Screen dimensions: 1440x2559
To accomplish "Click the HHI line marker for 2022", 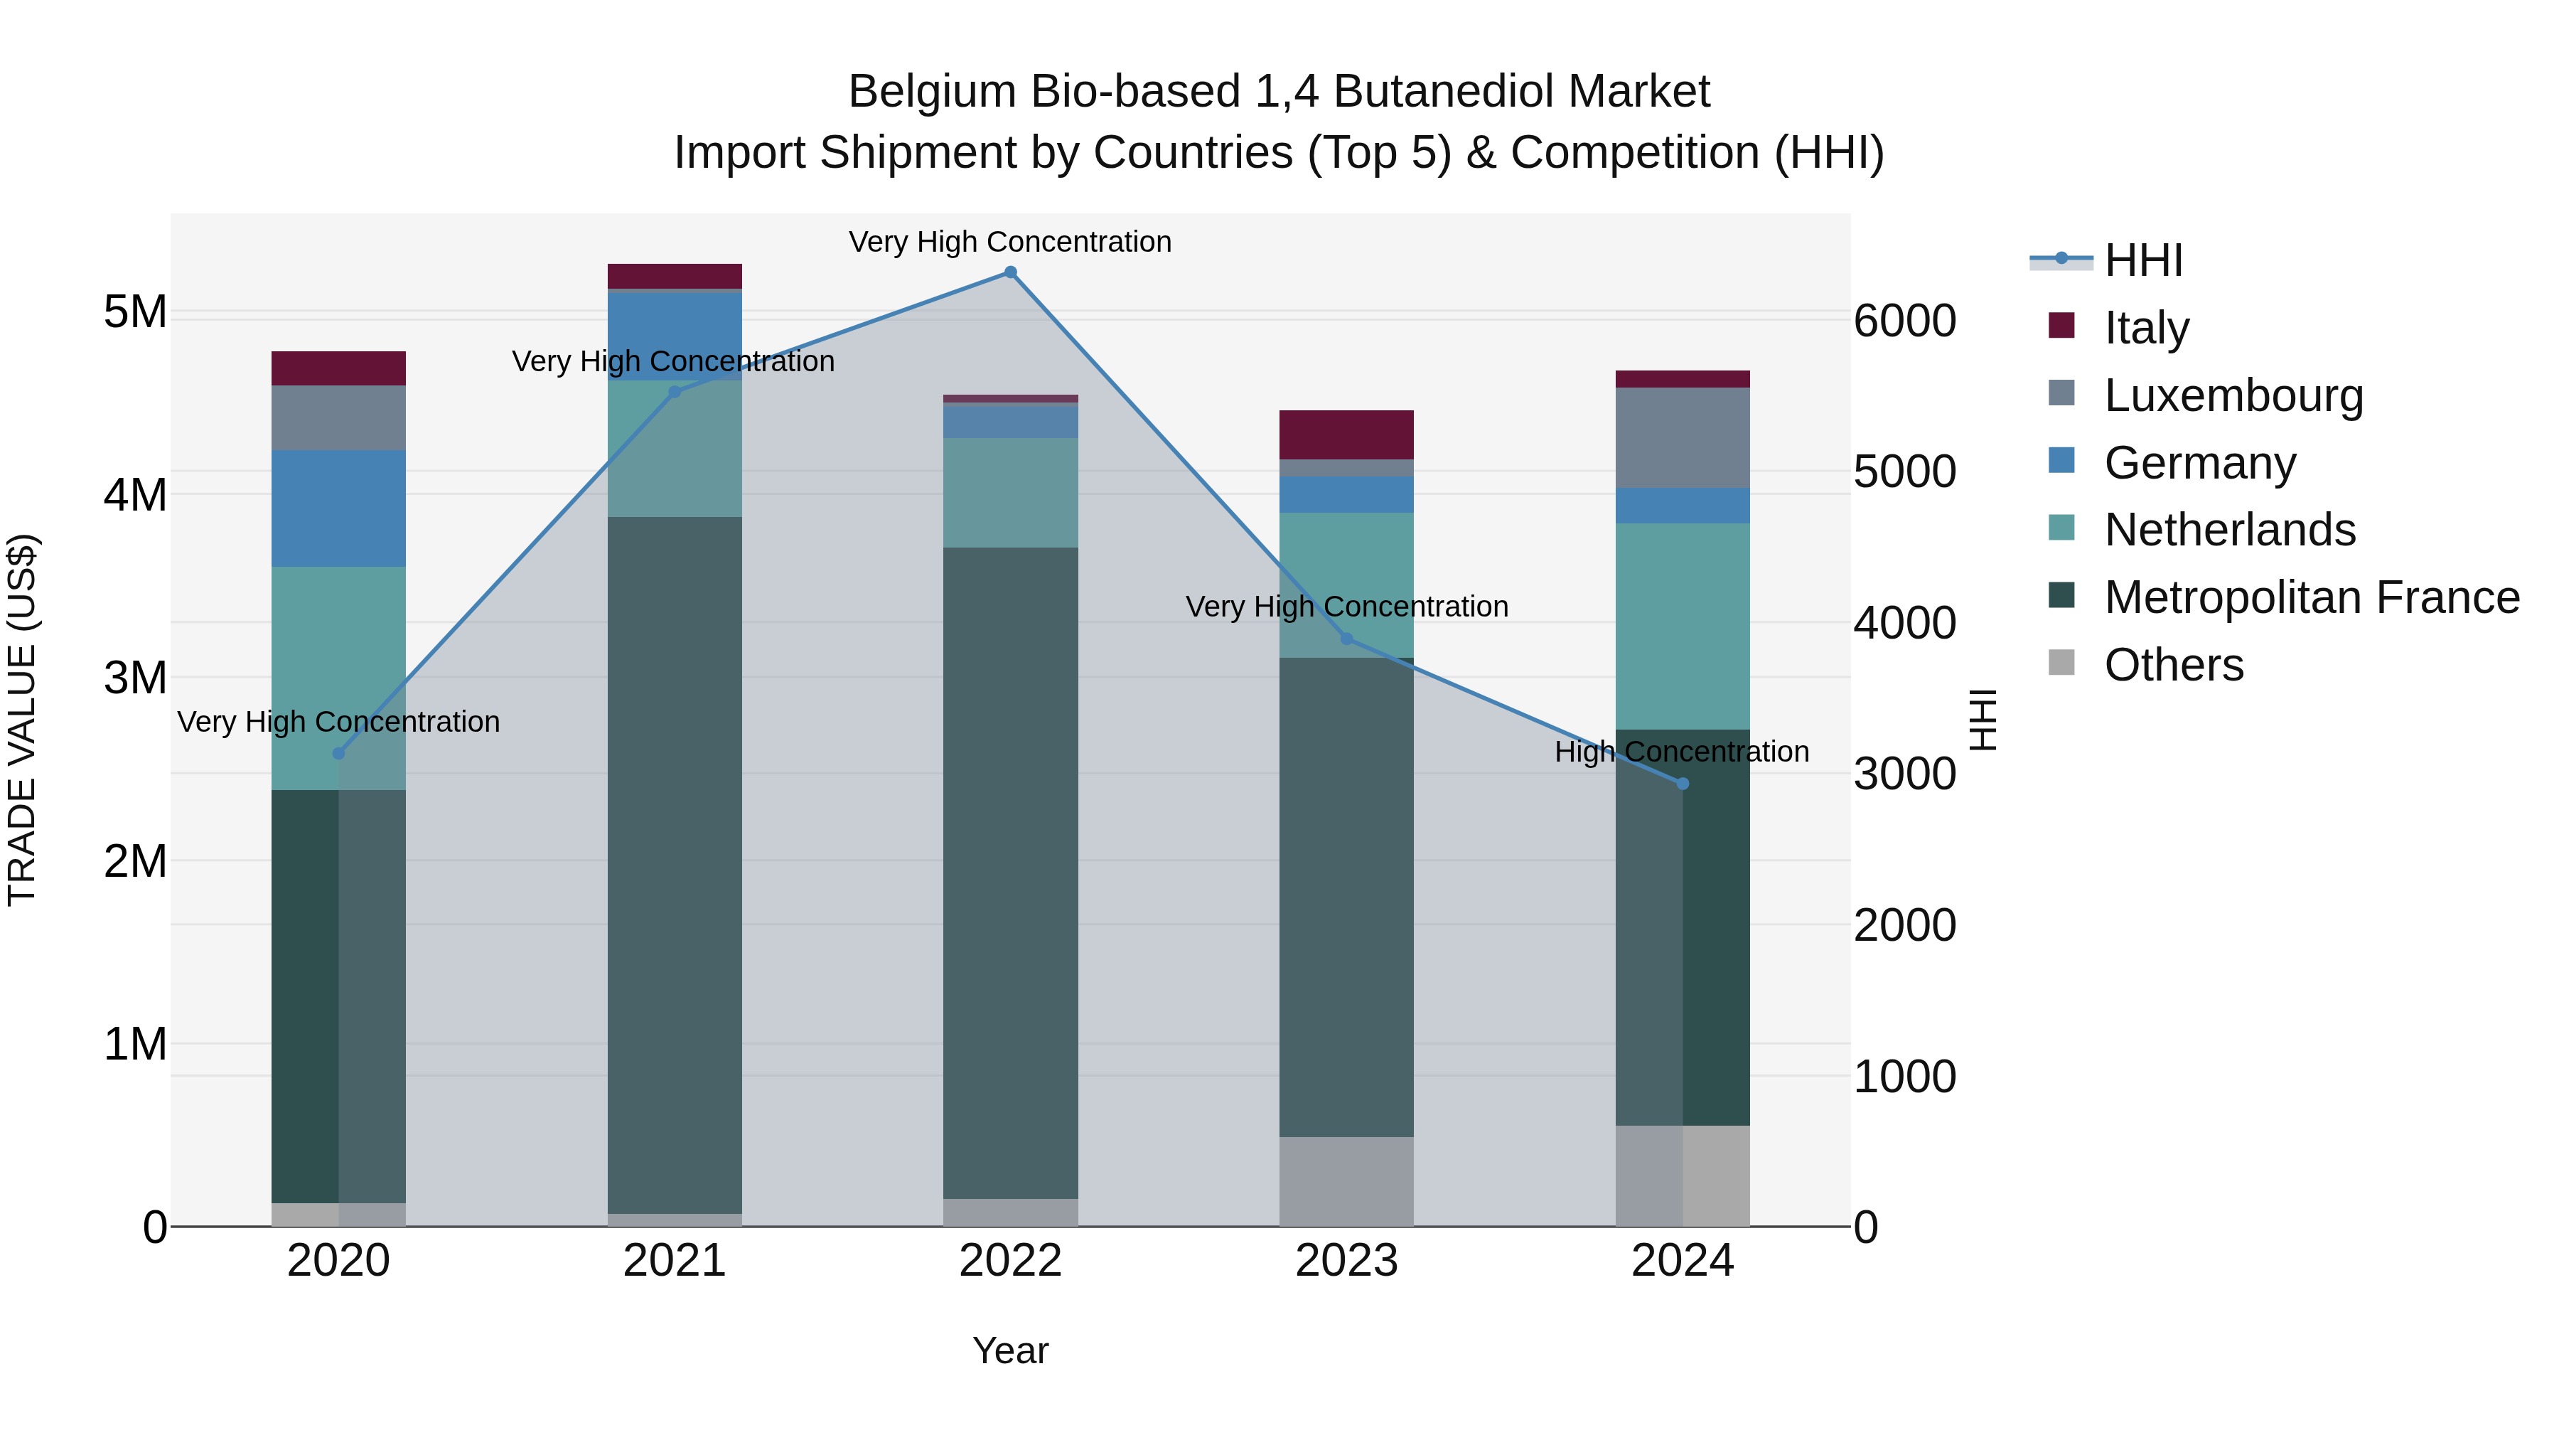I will (x=1010, y=272).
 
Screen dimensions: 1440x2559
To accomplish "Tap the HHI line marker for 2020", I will (x=339, y=753).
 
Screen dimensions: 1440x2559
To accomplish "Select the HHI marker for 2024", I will (x=1682, y=784).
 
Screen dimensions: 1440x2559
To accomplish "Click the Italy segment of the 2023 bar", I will (x=1346, y=434).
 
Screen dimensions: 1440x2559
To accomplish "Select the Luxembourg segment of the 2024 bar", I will (x=1682, y=437).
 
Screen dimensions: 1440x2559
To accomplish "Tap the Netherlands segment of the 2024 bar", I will (x=1682, y=626).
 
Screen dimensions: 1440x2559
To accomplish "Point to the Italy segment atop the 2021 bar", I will (x=675, y=277).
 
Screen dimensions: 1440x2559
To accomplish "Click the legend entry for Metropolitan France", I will (x=2312, y=598).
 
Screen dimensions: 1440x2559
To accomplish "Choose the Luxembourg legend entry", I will (x=2233, y=395).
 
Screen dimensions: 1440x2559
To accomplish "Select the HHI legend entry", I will (x=2142, y=260).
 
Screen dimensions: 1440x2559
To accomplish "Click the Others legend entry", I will (x=2174, y=665).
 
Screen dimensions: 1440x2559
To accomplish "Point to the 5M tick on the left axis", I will (x=135, y=312).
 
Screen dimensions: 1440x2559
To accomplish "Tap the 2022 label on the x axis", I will (x=1010, y=1261).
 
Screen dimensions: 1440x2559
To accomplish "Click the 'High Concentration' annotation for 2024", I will (x=1682, y=752).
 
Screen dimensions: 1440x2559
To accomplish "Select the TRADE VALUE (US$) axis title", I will (x=23, y=720).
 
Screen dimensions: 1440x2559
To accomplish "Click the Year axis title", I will (x=1010, y=1350).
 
